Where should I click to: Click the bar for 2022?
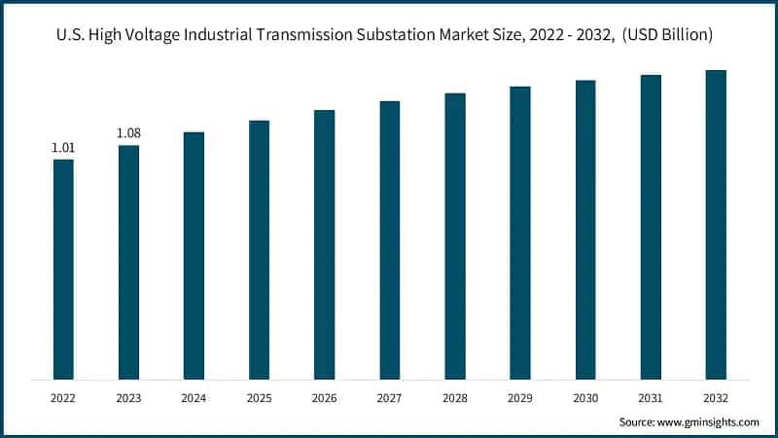coord(63,269)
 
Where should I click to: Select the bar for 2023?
coord(128,262)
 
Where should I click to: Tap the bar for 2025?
coord(259,249)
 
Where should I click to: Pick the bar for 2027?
coord(389,239)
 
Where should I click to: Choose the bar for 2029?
coord(520,233)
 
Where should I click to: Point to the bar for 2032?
coord(716,225)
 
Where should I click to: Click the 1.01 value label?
coord(63,148)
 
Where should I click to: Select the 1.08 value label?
coord(128,133)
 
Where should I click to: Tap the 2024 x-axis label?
coord(194,397)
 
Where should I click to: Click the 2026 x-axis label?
coord(324,397)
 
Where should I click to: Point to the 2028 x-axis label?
coord(455,397)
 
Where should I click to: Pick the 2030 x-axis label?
coord(585,397)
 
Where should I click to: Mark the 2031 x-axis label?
coord(651,397)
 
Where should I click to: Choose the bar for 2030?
coord(585,230)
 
